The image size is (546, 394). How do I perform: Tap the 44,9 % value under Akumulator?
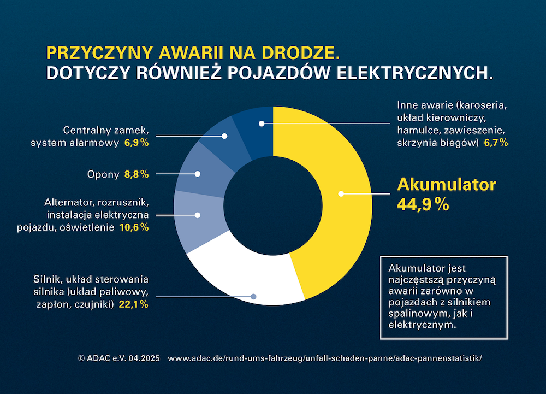click(x=423, y=205)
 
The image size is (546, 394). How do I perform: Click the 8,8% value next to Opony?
click(x=136, y=175)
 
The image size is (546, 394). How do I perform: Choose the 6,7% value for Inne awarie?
click(x=496, y=143)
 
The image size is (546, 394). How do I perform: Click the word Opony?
click(x=103, y=175)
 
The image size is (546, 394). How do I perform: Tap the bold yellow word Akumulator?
click(x=446, y=184)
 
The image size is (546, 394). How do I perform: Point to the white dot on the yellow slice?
click(x=341, y=193)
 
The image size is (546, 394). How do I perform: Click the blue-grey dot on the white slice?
click(x=253, y=297)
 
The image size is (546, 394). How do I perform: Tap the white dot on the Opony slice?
click(x=198, y=174)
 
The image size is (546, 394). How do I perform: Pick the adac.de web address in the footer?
click(x=325, y=358)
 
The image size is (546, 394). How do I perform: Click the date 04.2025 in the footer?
click(x=144, y=358)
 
